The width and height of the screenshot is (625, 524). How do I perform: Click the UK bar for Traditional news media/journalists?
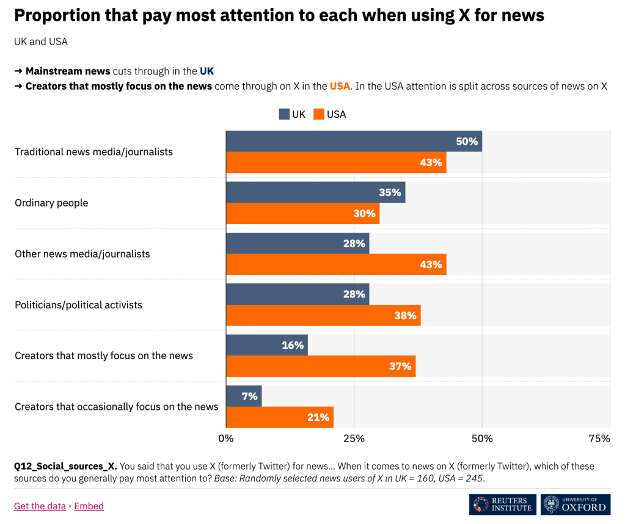354,141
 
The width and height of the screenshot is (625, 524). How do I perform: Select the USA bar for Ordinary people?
302,214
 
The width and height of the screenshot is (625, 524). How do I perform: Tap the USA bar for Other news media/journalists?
336,264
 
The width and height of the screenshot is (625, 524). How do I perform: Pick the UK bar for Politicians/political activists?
298,294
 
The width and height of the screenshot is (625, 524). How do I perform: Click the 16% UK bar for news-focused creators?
267,345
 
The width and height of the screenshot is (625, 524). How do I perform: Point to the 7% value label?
249,396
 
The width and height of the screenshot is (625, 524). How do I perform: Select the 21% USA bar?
280,418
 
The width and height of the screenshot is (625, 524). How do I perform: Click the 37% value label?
400,366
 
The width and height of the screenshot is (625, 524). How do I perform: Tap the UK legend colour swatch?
284,114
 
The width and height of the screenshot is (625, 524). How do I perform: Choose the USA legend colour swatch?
318,114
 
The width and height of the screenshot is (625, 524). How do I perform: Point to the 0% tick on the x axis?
226,438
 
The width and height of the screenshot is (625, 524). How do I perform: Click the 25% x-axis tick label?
354,438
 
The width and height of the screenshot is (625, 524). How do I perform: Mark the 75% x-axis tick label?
599,438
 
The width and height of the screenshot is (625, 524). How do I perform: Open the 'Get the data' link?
40,506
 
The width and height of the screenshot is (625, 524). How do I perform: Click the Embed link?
89,506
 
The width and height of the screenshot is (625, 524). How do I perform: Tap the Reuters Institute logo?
503,504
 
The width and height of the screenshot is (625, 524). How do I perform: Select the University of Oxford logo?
576,504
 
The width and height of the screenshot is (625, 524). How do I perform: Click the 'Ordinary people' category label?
51,203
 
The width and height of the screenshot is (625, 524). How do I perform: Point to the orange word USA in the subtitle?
340,86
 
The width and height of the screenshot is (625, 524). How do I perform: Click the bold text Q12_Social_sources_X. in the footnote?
65,466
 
